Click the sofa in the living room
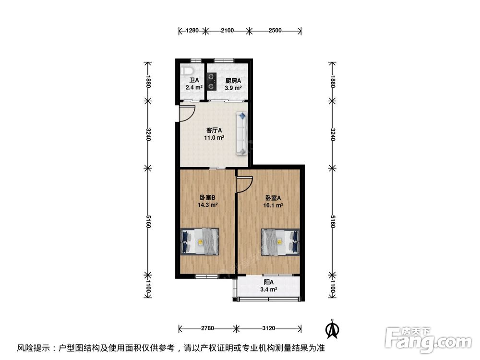click(x=241, y=133)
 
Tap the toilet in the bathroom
click(x=184, y=72)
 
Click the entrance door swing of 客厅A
click(x=186, y=113)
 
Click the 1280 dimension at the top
click(x=192, y=31)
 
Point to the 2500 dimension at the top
click(x=275, y=31)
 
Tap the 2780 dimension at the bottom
click(x=207, y=329)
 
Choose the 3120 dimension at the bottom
click(x=269, y=329)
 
